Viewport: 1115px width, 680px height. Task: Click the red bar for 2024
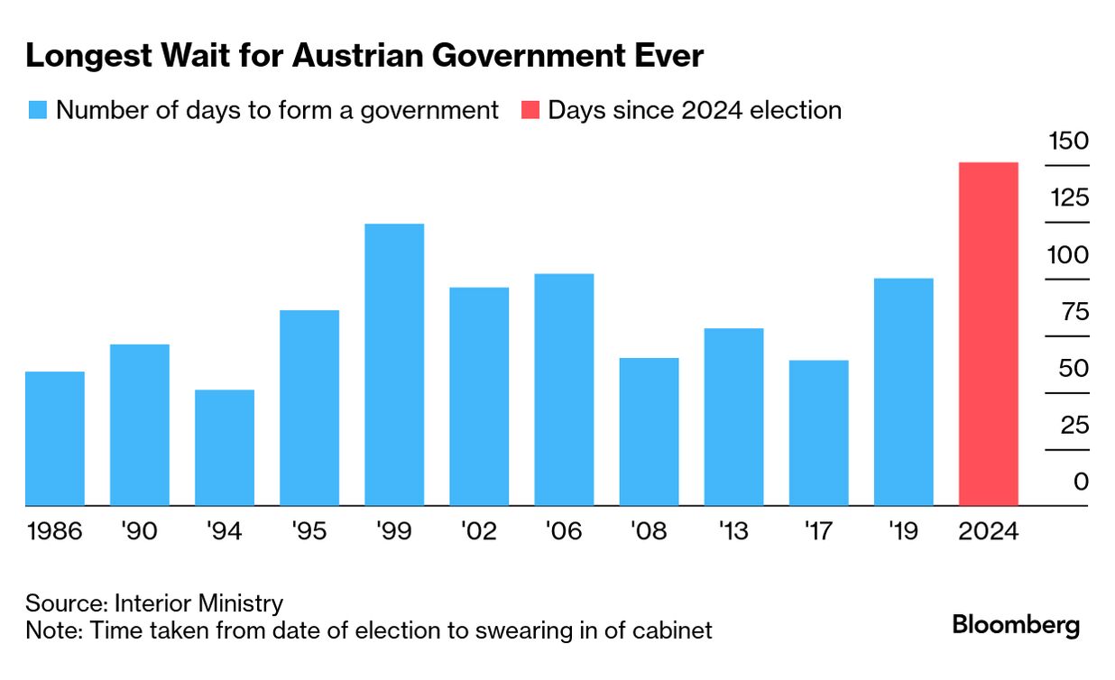point(988,334)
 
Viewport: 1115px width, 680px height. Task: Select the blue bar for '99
point(394,364)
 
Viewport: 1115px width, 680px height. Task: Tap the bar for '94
point(225,447)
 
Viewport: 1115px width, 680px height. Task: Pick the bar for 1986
point(55,438)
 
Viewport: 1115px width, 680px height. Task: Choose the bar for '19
point(903,391)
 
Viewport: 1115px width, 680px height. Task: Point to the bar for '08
point(649,431)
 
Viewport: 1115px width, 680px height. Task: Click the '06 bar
point(564,389)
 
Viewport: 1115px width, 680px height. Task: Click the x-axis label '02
point(478,531)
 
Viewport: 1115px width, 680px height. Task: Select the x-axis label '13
point(733,531)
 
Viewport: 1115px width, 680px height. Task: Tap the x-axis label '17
point(818,531)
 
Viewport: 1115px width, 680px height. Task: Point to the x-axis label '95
point(309,531)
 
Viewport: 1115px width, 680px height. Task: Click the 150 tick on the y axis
point(1068,142)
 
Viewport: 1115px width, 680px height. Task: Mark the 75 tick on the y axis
point(1068,312)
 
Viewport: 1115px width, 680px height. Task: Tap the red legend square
point(530,111)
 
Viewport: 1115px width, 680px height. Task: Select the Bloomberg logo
point(1016,625)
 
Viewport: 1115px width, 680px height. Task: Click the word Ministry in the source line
point(242,602)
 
